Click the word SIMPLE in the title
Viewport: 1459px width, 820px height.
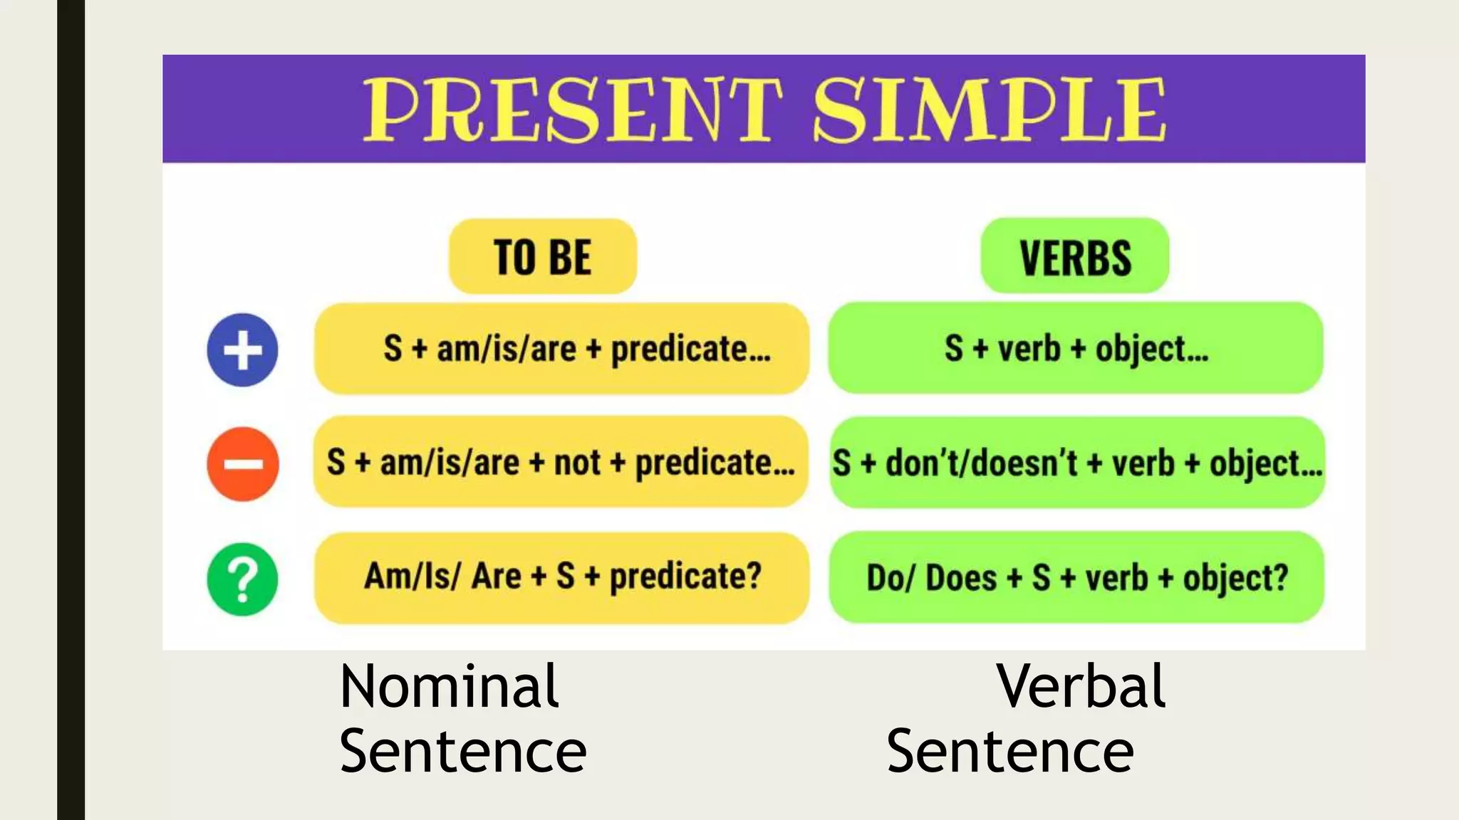[990, 110]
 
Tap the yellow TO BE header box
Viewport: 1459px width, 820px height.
[542, 256]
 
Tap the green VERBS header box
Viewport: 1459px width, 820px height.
[1075, 256]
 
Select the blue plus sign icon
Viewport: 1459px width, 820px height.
[242, 349]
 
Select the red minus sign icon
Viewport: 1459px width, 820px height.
[242, 464]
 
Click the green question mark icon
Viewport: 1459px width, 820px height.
[242, 579]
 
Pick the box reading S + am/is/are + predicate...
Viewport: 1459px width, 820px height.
[561, 349]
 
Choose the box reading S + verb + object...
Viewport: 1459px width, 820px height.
[1076, 349]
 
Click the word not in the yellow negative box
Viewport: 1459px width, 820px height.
[577, 463]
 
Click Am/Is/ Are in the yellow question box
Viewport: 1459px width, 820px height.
[442, 576]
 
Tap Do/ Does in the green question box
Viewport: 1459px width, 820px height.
[930, 577]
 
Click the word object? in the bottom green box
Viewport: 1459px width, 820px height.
[1235, 577]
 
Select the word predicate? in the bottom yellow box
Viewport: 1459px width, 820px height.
[685, 576]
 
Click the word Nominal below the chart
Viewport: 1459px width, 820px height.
[449, 686]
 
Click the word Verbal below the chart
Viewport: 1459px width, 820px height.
[1081, 686]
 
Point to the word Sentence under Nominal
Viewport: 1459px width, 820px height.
[462, 752]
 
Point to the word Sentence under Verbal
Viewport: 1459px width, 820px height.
[1009, 752]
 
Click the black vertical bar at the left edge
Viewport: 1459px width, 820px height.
[71, 410]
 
